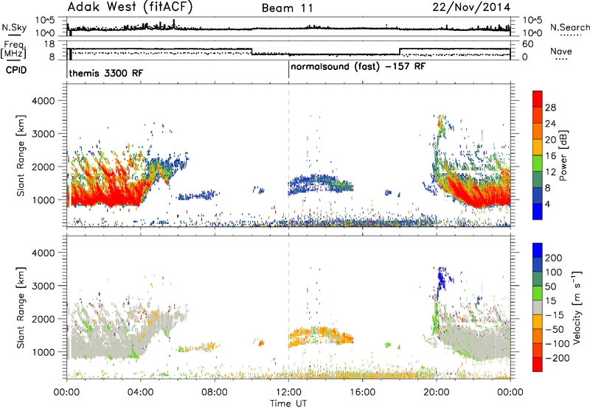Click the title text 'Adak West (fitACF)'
(130, 7)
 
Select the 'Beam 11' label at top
(287, 8)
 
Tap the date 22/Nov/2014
(471, 7)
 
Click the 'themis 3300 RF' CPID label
(106, 73)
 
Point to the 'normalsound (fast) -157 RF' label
(358, 67)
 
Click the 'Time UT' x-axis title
(288, 404)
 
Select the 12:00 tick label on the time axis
(288, 393)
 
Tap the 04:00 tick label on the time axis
(141, 393)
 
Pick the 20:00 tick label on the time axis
(437, 393)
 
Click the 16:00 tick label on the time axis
(362, 393)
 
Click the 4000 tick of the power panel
(43, 101)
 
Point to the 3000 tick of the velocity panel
(43, 286)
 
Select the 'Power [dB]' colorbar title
(563, 155)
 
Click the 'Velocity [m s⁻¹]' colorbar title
(576, 307)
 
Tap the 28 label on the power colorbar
(550, 108)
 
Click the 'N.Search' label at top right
(569, 27)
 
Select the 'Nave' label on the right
(560, 52)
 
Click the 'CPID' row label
(16, 70)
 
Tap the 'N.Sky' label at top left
(14, 27)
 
